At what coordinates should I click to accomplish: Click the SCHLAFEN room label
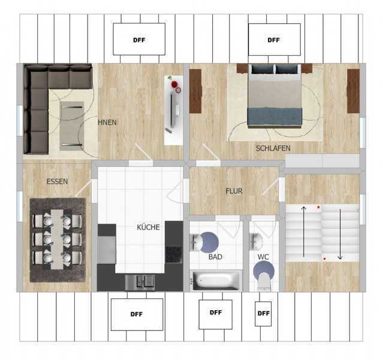coord(273,148)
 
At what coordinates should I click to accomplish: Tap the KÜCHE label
coord(148,227)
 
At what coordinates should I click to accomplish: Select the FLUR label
coord(234,191)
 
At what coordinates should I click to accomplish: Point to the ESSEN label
coord(57,181)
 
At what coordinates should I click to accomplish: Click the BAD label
coord(215,257)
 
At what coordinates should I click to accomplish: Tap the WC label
coord(263,257)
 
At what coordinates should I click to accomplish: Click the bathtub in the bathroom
coord(216,280)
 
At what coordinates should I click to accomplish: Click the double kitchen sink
coord(140,282)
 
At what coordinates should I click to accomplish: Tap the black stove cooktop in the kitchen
coord(174,254)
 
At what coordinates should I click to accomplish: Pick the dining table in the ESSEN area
coord(57,239)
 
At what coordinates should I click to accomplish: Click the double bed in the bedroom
coord(275,95)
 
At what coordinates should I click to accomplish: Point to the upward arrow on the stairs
coord(304,232)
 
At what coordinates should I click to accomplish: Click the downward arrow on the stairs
coord(340,234)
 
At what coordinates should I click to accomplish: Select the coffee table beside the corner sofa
coord(72,126)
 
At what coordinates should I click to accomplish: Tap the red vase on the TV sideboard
coord(174,85)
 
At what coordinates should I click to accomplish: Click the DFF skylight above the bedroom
coord(275,40)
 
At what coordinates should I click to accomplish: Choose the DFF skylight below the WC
coord(263,314)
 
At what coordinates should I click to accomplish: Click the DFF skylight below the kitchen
coord(137,314)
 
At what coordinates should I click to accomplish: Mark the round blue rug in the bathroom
coord(209,242)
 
